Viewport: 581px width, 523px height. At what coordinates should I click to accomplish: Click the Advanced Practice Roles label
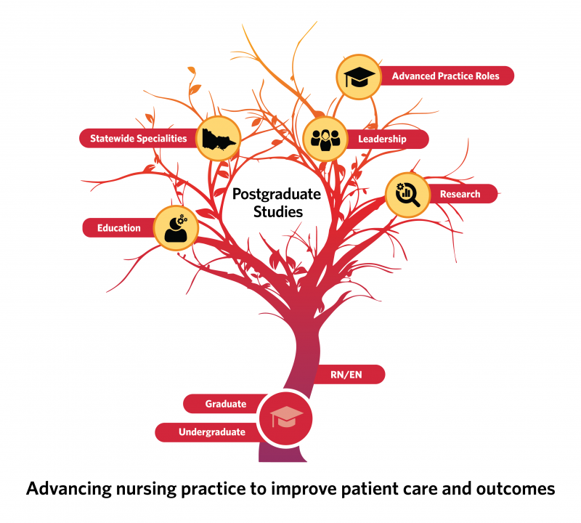(445, 76)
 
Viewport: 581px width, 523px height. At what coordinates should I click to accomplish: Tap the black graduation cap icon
(359, 76)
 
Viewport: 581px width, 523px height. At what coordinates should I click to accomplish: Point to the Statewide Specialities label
(138, 138)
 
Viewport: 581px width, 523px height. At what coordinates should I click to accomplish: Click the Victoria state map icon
(219, 138)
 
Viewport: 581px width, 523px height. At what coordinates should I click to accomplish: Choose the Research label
(460, 194)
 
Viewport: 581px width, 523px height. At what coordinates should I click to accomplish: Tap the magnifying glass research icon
(407, 195)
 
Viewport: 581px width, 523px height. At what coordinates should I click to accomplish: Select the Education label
(119, 228)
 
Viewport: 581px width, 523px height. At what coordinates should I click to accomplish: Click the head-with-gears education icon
(176, 228)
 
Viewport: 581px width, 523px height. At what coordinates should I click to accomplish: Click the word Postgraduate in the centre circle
(267, 195)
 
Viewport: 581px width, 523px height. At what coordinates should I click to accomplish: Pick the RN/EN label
(346, 375)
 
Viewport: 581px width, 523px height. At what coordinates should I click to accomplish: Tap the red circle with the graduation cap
(286, 417)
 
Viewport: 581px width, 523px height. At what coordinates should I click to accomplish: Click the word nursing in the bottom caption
(143, 490)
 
